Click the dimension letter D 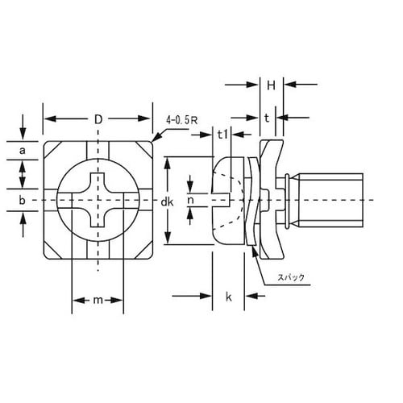coord(98,119)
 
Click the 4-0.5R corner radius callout coord(181,120)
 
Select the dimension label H coord(271,85)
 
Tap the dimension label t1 coord(222,135)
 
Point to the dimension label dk coord(167,202)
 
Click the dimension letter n coord(190,200)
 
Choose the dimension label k coord(229,297)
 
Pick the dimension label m coord(98,300)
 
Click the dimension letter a coord(23,151)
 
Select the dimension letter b coord(23,200)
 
